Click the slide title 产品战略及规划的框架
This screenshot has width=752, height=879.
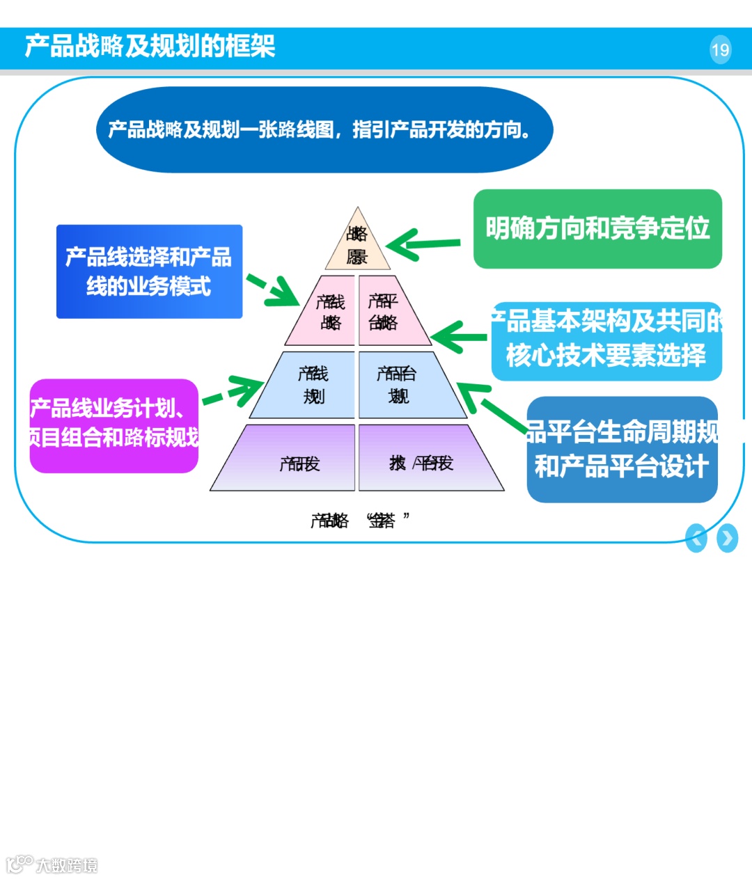(150, 47)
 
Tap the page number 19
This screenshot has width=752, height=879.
(720, 49)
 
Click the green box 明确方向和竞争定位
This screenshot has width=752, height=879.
(597, 228)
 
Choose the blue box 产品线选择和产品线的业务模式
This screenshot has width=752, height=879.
(149, 271)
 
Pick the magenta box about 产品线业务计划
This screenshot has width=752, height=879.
(114, 425)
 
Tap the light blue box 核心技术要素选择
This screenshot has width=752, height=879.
(606, 341)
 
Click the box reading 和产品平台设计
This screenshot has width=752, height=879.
(622, 449)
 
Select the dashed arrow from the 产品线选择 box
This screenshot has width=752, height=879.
(273, 290)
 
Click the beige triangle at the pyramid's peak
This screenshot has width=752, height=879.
(357, 244)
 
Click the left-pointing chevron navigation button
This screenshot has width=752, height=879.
(696, 538)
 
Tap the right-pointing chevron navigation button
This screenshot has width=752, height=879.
(727, 538)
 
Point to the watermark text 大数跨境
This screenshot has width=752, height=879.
(66, 865)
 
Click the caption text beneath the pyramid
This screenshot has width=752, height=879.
(359, 521)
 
